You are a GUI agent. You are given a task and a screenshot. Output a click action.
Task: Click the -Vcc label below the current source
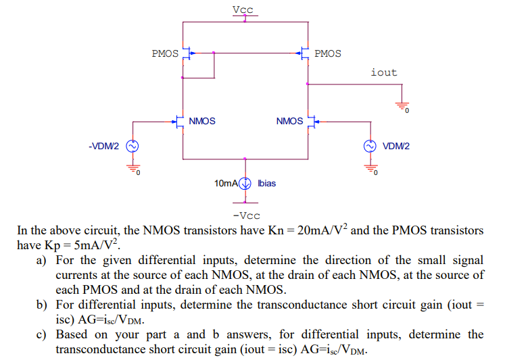click(x=245, y=215)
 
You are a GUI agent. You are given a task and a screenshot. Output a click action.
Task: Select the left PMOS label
click(x=165, y=53)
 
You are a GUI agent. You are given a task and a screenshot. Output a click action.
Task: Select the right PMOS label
click(x=328, y=53)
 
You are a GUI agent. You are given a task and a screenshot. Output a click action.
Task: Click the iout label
click(x=384, y=72)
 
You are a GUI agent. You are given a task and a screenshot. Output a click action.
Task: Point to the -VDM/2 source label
click(x=103, y=146)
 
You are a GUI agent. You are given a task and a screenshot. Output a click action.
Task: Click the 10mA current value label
click(x=226, y=183)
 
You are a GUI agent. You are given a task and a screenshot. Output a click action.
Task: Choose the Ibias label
click(x=267, y=183)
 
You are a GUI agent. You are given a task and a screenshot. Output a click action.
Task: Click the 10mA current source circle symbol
click(x=245, y=183)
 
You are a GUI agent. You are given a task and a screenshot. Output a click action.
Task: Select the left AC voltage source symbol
click(x=133, y=146)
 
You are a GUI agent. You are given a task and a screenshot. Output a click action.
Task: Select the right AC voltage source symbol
click(x=370, y=146)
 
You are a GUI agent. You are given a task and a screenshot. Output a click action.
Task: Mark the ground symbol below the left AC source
click(x=133, y=170)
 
